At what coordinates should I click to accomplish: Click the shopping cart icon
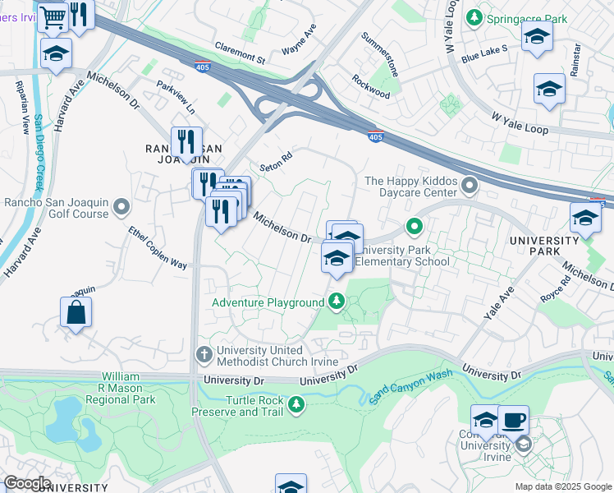(53, 16)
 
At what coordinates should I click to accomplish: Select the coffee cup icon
(514, 420)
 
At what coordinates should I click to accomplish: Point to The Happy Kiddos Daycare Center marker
(470, 187)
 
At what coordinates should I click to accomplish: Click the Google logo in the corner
(26, 483)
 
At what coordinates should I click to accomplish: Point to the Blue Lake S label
(484, 53)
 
